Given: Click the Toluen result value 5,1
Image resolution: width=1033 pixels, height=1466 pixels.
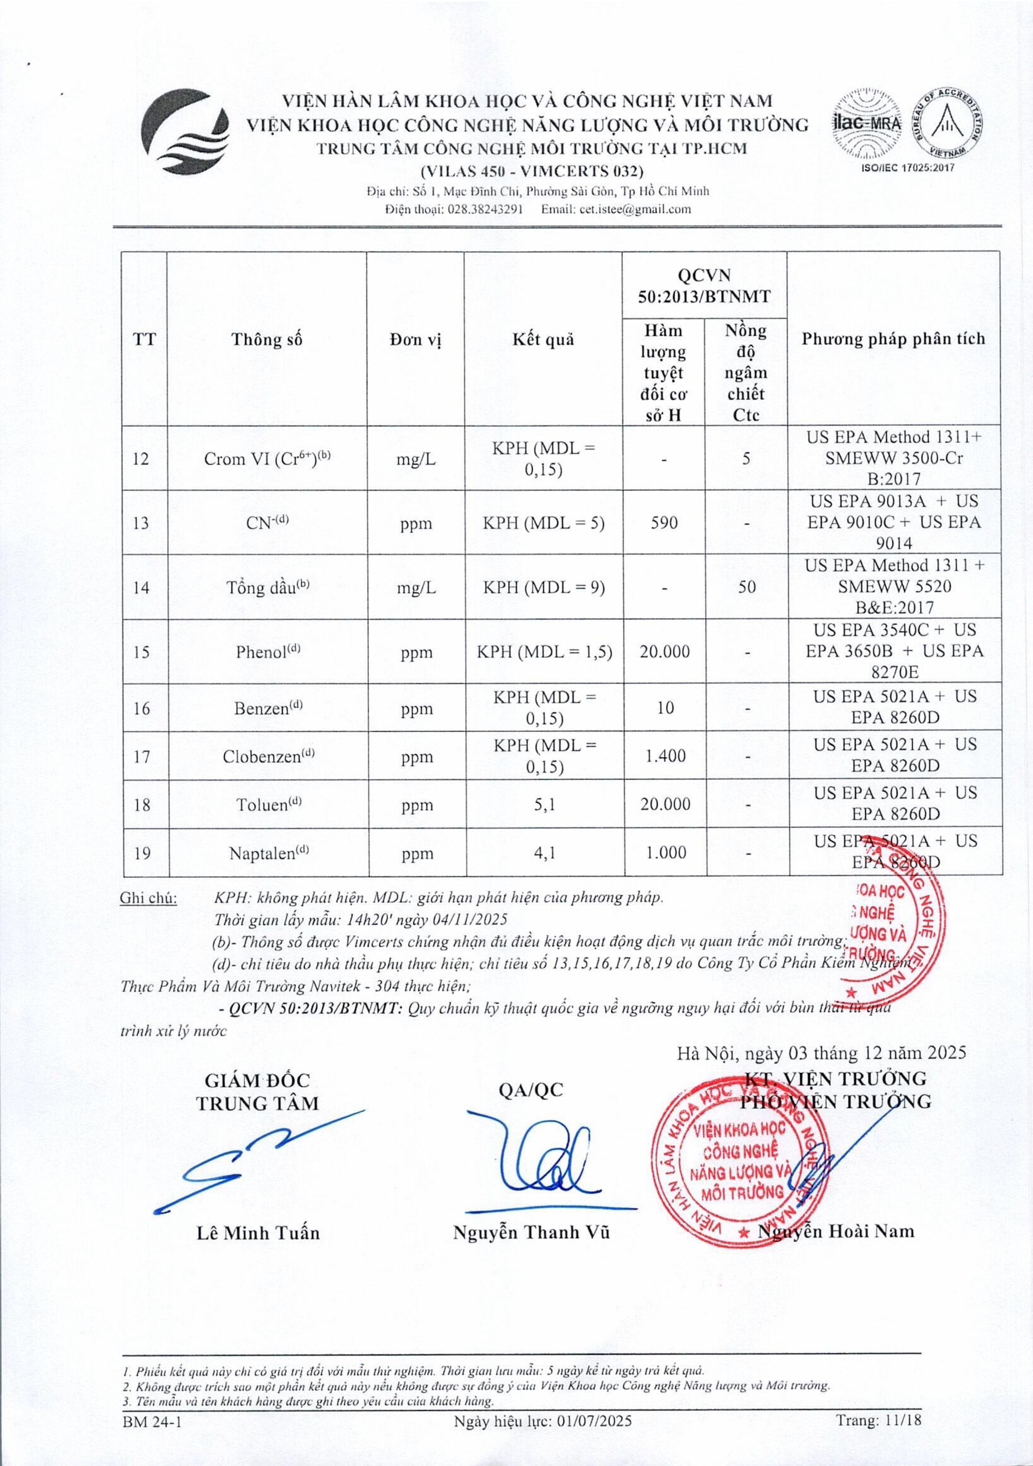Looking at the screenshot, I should (x=543, y=804).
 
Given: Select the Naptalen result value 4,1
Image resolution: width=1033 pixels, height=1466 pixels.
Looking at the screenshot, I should (x=543, y=853).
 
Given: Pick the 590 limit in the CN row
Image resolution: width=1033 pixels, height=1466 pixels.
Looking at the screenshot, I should (x=664, y=523).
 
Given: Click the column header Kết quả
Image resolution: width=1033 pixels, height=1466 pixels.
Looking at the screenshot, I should (x=543, y=339).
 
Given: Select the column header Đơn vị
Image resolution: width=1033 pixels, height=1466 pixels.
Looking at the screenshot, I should (x=416, y=339).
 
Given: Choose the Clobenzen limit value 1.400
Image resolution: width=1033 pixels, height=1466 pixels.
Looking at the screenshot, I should (x=664, y=756).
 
